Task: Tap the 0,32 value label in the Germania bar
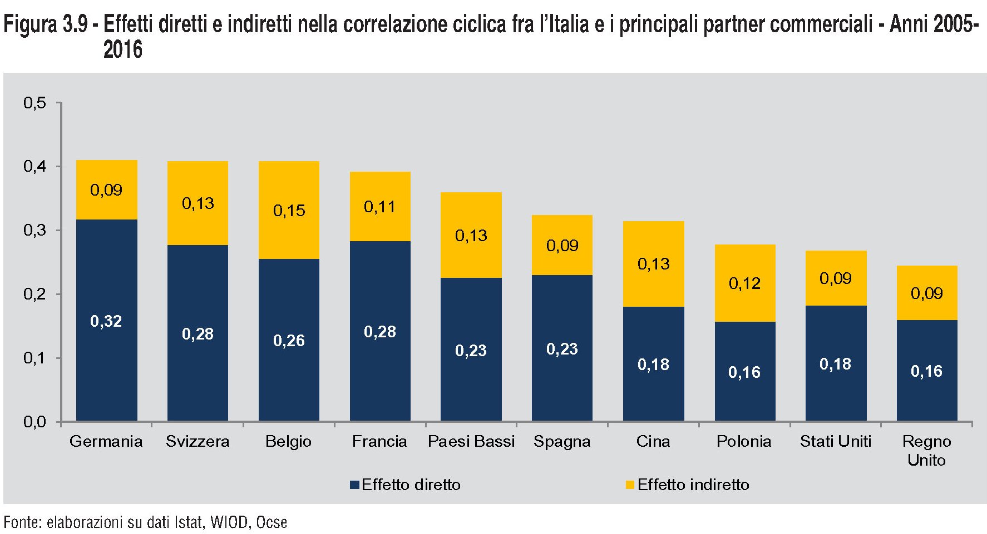tap(106, 321)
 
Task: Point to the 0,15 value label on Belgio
tap(289, 211)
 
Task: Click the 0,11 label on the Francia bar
tap(380, 207)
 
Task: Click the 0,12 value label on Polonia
tap(744, 283)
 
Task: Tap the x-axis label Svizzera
tap(198, 441)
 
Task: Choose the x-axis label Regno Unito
tap(926, 451)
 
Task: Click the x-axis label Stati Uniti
tap(835, 441)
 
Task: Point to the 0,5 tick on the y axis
tap(34, 103)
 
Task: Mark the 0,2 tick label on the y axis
tap(34, 294)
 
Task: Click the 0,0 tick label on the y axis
tap(34, 422)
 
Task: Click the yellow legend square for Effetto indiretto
tap(630, 485)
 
